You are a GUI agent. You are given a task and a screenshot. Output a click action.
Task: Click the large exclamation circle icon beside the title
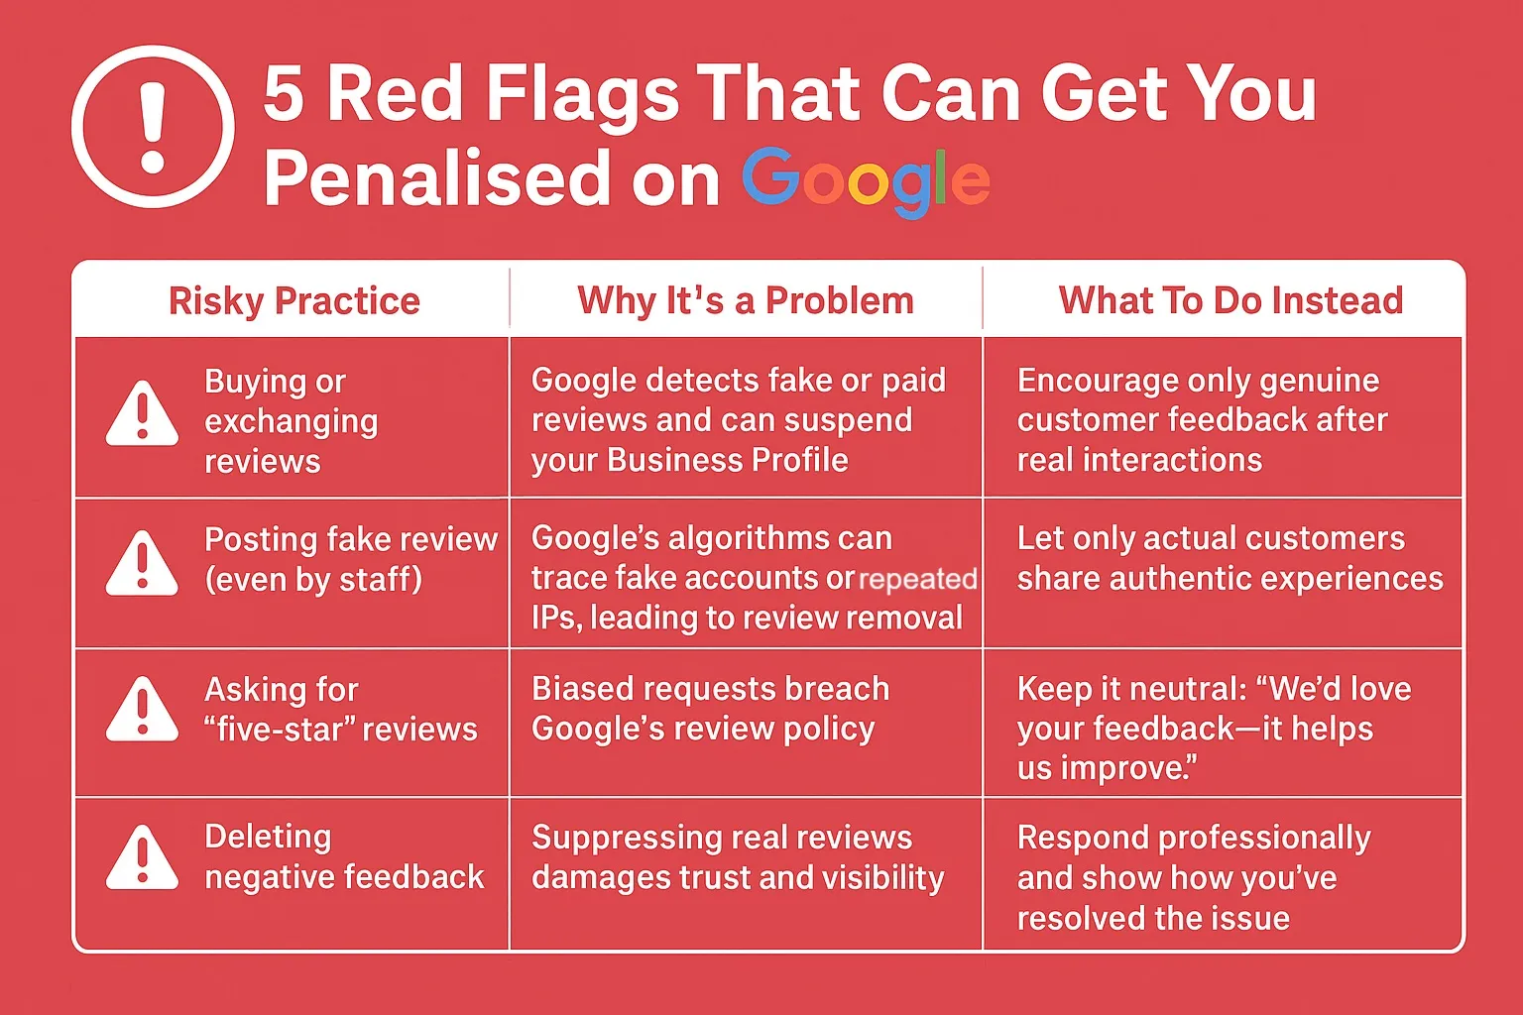153,127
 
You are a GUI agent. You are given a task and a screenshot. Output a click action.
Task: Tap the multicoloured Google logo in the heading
866,181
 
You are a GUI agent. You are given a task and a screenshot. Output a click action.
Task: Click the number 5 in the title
283,94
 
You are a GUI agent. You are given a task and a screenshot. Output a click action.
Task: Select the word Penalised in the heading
437,179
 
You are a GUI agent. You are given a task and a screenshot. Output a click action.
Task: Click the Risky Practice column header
293,300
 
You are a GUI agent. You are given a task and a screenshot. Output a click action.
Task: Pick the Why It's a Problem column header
746,300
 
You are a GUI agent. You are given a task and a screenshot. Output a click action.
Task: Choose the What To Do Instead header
1230,300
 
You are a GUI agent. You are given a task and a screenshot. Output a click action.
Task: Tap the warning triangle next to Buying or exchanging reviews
143,413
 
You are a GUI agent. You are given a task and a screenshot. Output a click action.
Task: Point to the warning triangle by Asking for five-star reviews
143,710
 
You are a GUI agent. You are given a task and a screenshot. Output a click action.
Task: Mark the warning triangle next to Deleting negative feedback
143,857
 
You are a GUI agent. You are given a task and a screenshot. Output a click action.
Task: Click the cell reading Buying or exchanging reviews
291,421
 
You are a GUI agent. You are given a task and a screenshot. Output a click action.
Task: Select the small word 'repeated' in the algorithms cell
917,579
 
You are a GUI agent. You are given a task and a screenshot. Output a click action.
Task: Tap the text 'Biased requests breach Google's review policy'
709,709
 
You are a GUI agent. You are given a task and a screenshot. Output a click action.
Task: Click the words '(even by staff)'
313,580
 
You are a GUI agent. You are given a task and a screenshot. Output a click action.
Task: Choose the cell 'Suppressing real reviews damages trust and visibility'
737,857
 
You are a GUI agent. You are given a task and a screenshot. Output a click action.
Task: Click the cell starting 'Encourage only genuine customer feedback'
1202,420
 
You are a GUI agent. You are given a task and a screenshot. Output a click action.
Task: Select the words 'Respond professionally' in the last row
1194,839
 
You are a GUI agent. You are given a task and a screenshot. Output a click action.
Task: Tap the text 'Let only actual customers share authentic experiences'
1230,559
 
